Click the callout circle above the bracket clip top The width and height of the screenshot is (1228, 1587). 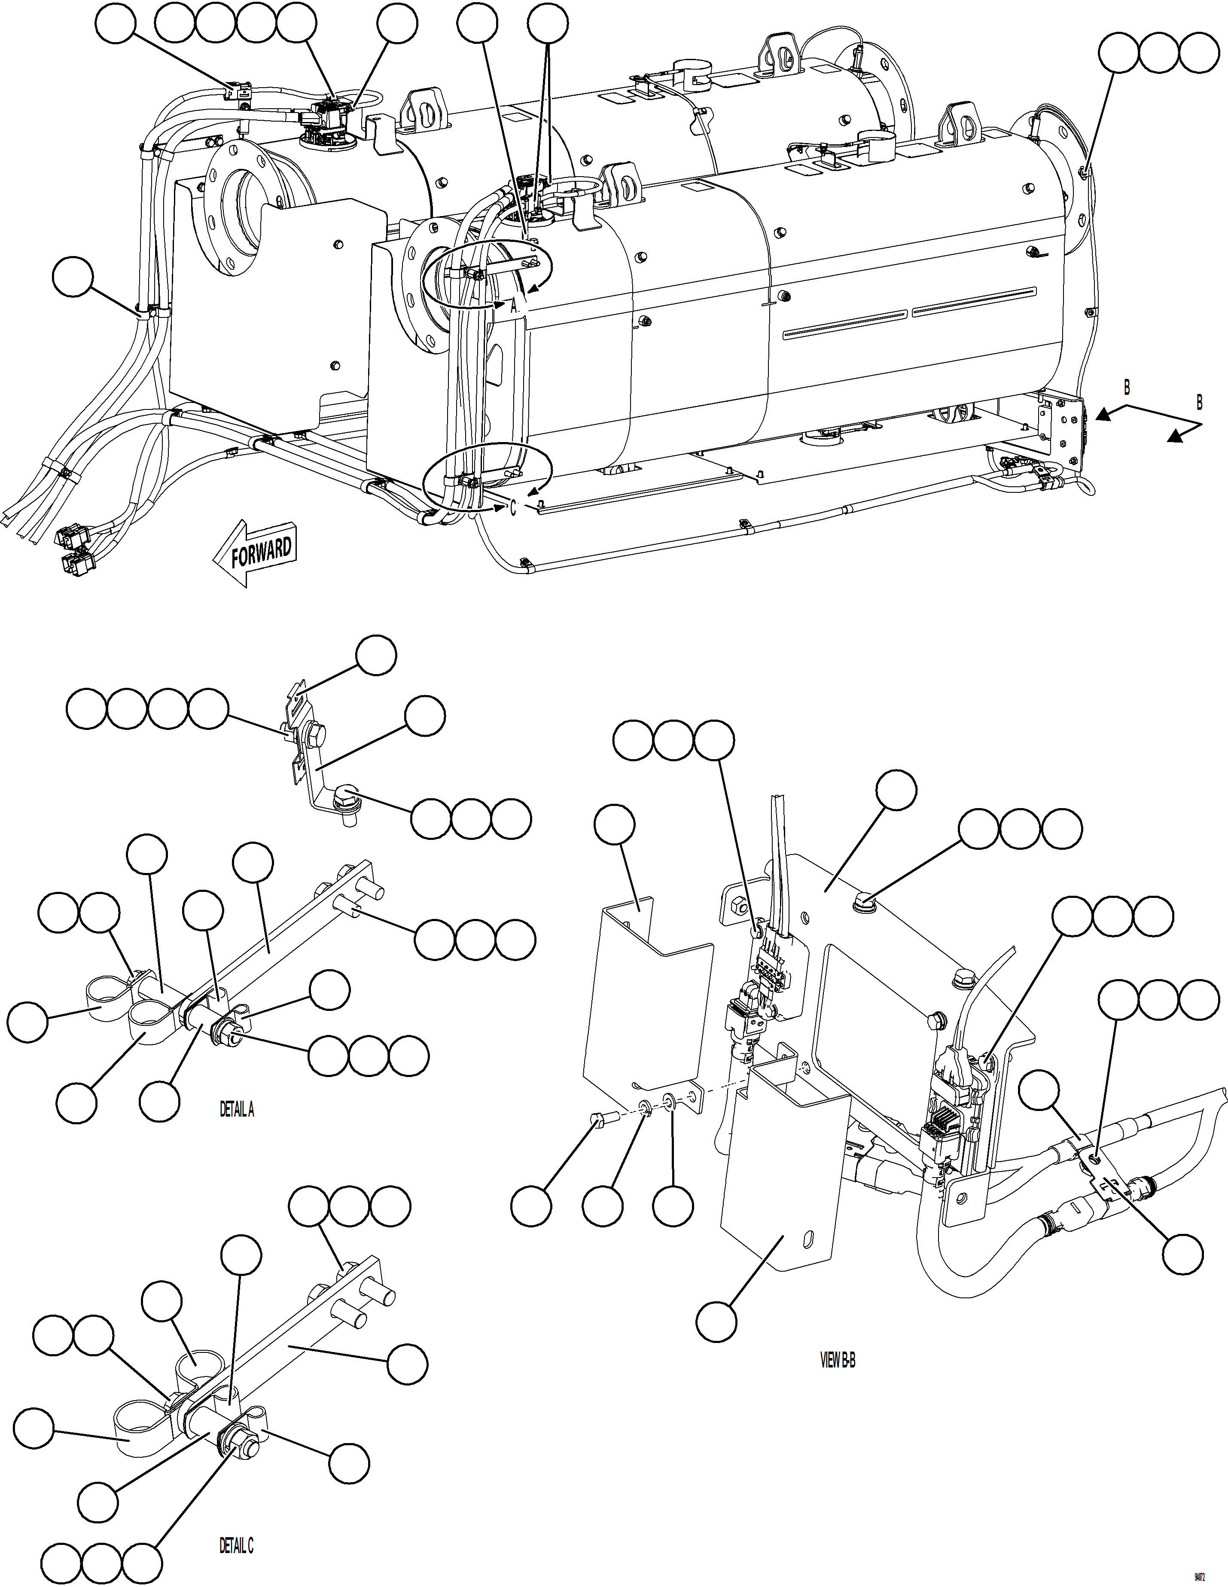click(x=376, y=656)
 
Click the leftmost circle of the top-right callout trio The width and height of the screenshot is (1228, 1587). click(x=1118, y=52)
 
